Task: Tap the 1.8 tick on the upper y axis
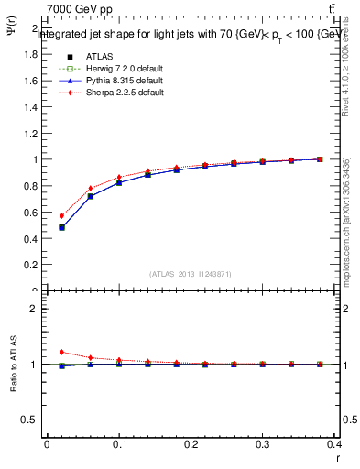[31, 54]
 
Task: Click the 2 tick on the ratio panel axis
[35, 309]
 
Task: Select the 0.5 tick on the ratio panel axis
[30, 420]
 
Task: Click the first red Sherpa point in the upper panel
[61, 215]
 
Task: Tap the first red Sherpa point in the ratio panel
[61, 352]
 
